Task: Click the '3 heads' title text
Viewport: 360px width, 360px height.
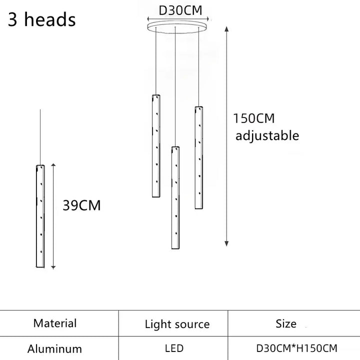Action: click(42, 19)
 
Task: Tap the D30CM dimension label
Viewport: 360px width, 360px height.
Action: click(180, 10)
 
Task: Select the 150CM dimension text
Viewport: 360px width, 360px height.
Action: click(254, 118)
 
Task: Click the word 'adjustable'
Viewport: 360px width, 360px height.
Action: click(267, 135)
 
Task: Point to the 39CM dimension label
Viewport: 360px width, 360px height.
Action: click(81, 205)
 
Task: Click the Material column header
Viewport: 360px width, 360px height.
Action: click(55, 323)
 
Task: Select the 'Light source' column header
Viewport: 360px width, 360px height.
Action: click(177, 324)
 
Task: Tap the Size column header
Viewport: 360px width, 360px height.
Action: click(286, 323)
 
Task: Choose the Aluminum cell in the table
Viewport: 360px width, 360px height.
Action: click(54, 349)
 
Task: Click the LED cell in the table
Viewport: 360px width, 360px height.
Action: click(174, 348)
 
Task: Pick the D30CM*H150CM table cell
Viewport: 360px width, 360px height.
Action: click(297, 348)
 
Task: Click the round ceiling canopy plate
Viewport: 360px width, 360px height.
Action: click(177, 27)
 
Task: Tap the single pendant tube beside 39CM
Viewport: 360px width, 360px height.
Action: click(40, 216)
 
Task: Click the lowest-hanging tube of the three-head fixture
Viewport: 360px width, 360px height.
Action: click(175, 197)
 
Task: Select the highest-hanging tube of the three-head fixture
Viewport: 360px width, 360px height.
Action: click(156, 146)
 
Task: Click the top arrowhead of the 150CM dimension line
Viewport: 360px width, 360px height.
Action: click(226, 29)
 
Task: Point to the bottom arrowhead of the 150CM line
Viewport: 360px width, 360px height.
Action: click(226, 244)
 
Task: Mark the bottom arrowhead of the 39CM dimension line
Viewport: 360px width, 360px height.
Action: click(53, 267)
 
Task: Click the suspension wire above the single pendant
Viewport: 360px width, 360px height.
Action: click(40, 137)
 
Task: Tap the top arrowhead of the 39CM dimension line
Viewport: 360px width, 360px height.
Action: click(53, 165)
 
